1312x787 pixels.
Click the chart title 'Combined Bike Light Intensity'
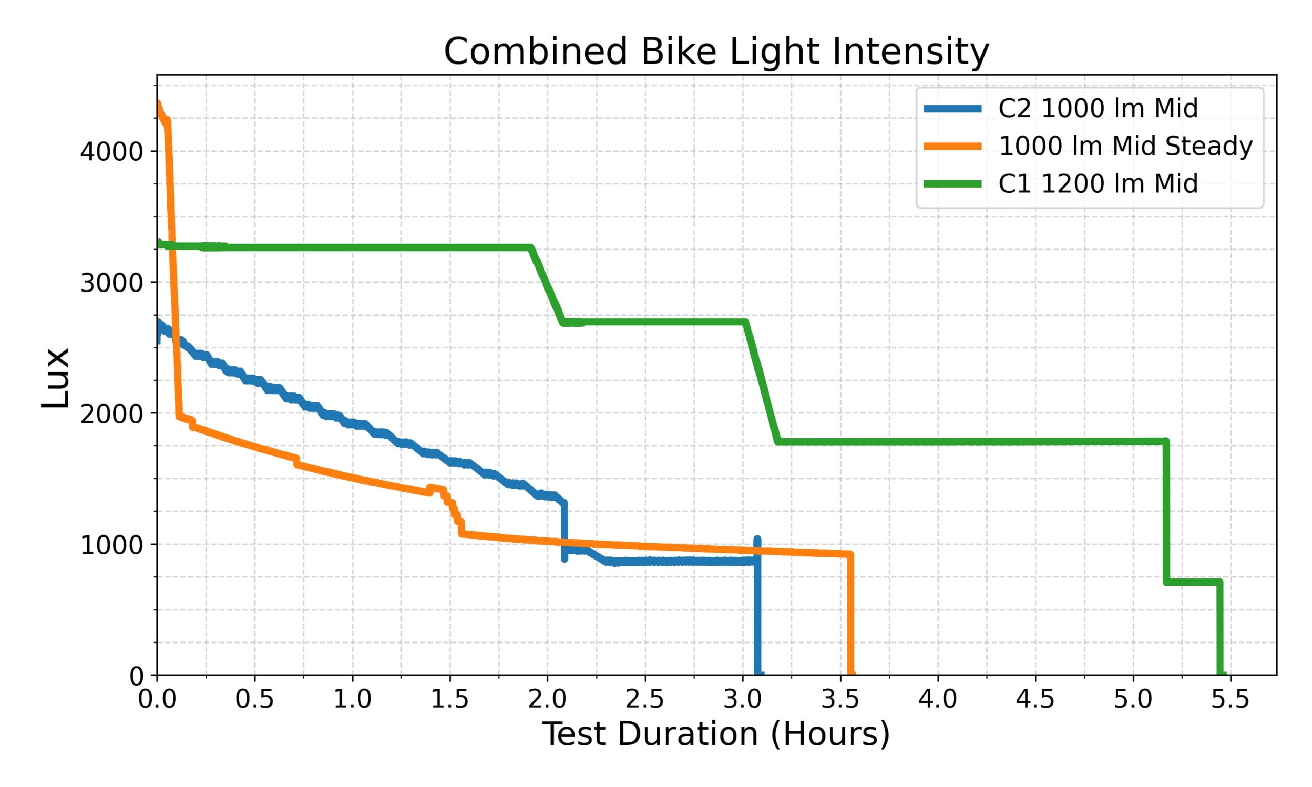click(716, 52)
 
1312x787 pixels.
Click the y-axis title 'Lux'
click(55, 378)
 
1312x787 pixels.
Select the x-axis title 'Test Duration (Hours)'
click(716, 735)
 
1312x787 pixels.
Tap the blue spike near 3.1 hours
click(757, 541)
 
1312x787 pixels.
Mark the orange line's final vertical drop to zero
click(851, 615)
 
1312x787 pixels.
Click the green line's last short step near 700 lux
click(1193, 582)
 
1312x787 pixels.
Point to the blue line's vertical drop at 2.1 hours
click(564, 530)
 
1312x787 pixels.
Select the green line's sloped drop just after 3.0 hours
click(762, 382)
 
